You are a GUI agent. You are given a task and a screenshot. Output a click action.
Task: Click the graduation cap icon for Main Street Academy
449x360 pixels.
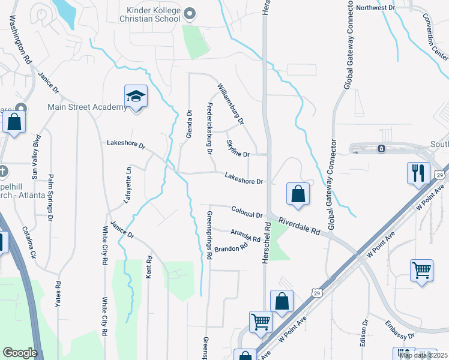point(136,96)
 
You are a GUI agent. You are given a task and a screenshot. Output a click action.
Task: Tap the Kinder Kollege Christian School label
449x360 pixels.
point(153,14)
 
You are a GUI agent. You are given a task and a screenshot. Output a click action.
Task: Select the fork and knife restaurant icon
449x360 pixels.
point(418,173)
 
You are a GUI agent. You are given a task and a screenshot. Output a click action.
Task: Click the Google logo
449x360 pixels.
point(20,353)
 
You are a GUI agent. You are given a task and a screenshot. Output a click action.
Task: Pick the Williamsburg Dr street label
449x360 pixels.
point(231,104)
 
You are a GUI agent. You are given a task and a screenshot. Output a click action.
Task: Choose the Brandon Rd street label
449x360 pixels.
point(231,248)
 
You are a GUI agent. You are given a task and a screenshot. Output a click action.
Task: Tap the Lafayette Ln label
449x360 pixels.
point(127,186)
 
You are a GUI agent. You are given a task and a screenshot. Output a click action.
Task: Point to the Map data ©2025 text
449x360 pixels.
point(423,355)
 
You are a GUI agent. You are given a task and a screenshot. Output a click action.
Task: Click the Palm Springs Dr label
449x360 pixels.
point(50,194)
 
